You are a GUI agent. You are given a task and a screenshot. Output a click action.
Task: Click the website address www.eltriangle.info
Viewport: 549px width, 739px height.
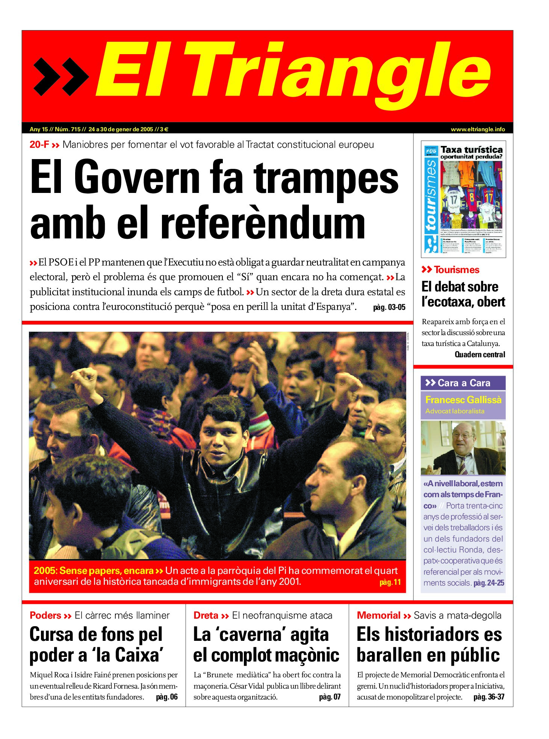[478, 129]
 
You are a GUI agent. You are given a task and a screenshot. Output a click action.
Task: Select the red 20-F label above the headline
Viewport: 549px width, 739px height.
[39, 145]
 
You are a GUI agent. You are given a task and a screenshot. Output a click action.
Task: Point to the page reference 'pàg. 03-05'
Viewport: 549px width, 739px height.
[389, 307]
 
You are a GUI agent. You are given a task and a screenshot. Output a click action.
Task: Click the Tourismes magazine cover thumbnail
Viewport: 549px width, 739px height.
[463, 199]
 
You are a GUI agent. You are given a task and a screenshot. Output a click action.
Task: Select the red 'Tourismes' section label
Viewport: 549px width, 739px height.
[457, 270]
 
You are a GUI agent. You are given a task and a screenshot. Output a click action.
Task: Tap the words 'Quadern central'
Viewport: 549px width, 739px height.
[479, 354]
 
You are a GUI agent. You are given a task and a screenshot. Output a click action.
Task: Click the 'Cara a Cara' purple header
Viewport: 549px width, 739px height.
[463, 383]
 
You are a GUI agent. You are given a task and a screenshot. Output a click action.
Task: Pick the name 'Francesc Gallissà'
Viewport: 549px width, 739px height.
[463, 400]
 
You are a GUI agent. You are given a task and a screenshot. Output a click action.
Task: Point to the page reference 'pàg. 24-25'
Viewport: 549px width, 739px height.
[489, 583]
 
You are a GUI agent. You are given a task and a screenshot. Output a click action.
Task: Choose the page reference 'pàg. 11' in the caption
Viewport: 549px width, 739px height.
[390, 583]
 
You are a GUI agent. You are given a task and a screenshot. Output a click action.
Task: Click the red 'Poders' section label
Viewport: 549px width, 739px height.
[45, 616]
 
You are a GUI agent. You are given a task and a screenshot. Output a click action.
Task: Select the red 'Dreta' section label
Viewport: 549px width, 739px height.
[206, 616]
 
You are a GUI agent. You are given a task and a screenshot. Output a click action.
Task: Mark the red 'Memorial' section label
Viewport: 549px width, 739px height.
[378, 616]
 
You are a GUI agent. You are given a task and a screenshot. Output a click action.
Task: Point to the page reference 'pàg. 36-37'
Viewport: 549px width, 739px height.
[489, 697]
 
